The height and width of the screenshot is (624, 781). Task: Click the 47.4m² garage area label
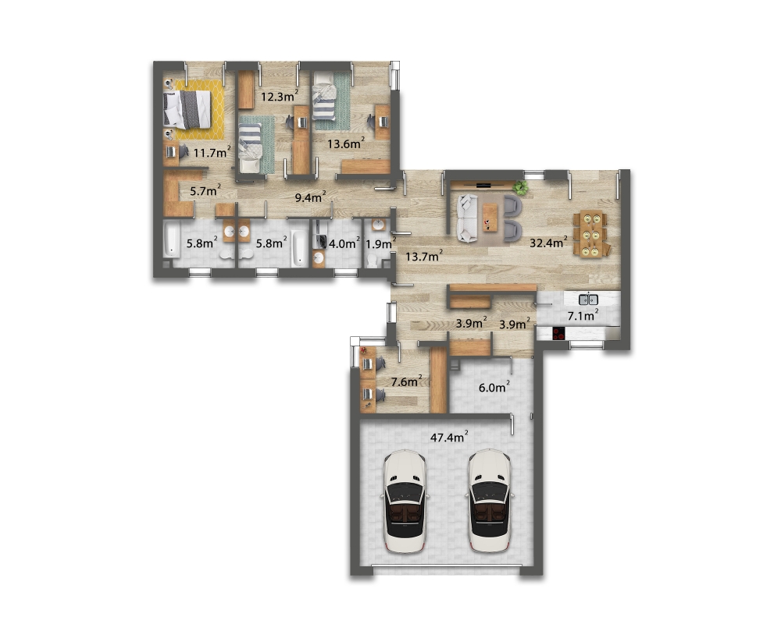[449, 437]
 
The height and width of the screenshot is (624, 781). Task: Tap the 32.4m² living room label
[548, 243]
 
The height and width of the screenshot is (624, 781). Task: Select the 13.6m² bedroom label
[346, 144]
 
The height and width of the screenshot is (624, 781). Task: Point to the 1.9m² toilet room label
[380, 243]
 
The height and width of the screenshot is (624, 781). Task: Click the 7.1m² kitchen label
[583, 315]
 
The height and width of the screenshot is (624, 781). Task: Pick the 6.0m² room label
[494, 387]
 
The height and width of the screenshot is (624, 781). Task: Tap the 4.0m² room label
[344, 243]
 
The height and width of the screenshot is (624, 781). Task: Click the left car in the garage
[405, 501]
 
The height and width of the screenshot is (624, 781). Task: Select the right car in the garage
[489, 501]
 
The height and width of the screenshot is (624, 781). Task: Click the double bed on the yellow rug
[187, 109]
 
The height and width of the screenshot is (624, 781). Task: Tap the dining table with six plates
[591, 234]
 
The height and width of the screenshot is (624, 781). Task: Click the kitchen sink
[588, 300]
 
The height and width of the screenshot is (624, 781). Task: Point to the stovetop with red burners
[558, 333]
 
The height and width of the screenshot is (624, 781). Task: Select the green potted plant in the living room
[521, 188]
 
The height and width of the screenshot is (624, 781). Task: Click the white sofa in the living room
[468, 218]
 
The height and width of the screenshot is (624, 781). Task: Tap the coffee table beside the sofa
[490, 218]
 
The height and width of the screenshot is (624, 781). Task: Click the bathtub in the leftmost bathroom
[171, 239]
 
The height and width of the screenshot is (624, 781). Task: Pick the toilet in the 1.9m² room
[372, 261]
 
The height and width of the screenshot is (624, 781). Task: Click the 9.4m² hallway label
[310, 197]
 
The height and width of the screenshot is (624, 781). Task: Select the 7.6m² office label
[406, 381]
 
